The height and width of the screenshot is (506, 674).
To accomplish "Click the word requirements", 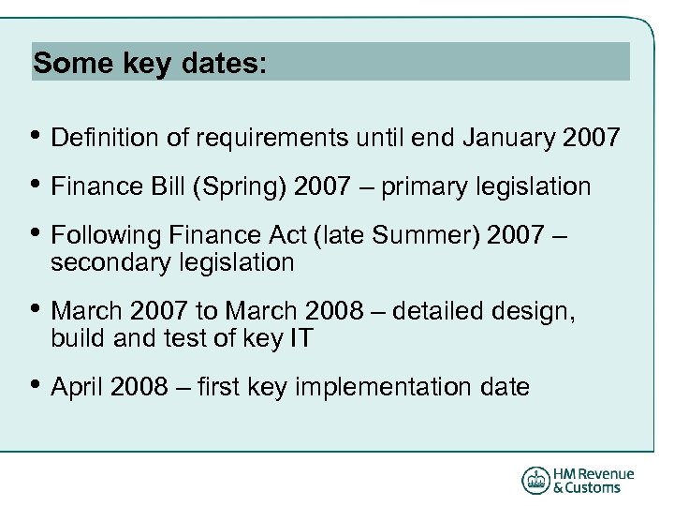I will click(x=271, y=139).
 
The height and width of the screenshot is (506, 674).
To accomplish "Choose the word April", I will click(x=77, y=386).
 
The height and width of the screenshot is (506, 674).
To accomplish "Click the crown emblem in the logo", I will click(x=535, y=480).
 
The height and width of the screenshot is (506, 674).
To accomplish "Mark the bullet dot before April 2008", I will click(x=37, y=385).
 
